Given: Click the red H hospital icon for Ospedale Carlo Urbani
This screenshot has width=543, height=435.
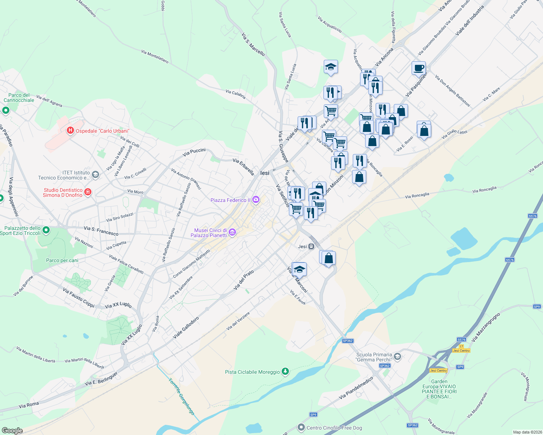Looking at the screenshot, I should click(70, 130).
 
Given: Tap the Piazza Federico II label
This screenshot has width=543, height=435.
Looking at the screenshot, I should click(230, 200).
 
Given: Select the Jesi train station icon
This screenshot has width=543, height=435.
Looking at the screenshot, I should click(311, 246).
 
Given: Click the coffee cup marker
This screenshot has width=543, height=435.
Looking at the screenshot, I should click(419, 68).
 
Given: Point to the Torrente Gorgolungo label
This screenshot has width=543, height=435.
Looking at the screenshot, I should click(181, 397).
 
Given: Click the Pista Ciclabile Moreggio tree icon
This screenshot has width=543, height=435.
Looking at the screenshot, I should click(286, 372).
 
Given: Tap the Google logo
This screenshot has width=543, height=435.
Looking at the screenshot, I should click(12, 431).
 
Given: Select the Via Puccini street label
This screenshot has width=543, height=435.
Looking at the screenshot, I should click(194, 152).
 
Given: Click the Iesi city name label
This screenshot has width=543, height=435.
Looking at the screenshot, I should click(265, 173).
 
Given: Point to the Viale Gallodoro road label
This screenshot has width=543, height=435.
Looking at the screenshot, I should click(186, 328).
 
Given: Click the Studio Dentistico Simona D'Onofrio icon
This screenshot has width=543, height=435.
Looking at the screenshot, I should click(87, 192).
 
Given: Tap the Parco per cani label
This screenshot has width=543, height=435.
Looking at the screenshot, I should click(62, 260).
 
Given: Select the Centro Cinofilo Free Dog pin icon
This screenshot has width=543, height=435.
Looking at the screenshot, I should click(301, 428).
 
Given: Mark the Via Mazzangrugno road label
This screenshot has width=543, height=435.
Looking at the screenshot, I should click(486, 327).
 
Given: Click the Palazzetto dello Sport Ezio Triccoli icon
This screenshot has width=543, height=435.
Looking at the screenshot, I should click(46, 230).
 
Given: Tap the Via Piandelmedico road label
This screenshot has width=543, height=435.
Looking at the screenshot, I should click(356, 388).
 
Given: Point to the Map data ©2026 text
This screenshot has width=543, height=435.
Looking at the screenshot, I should click(527, 432).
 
